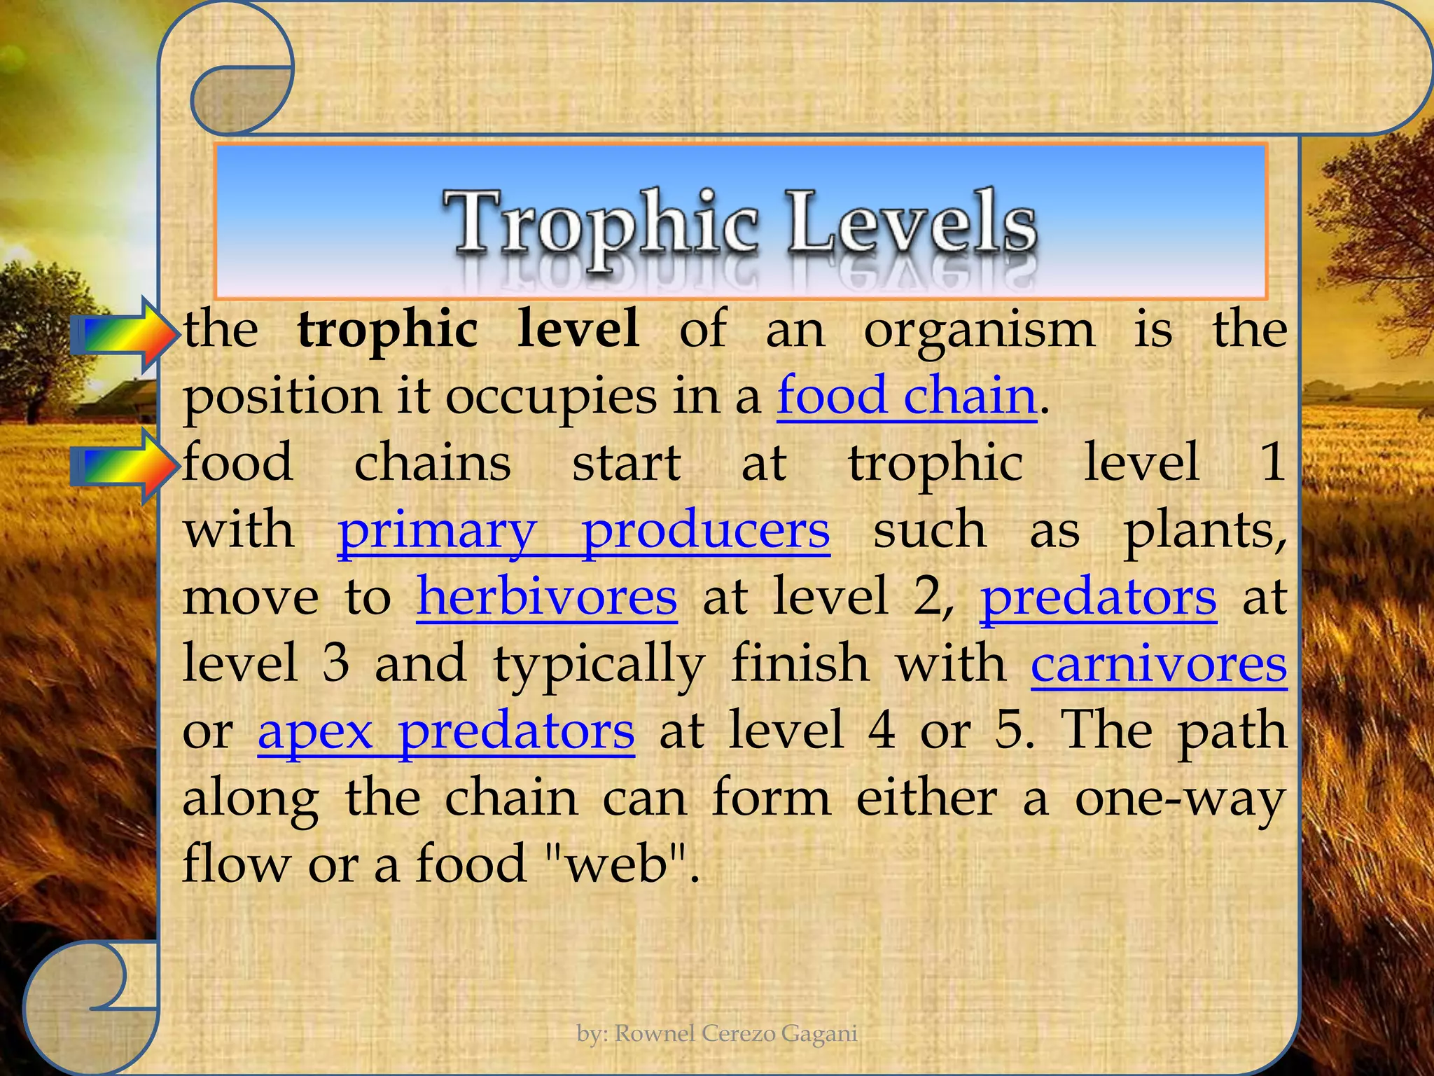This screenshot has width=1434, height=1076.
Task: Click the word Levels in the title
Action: point(910,223)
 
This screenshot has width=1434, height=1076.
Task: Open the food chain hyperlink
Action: point(906,396)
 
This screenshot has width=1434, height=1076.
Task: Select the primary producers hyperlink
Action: point(583,531)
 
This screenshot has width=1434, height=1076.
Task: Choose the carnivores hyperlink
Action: point(1159,664)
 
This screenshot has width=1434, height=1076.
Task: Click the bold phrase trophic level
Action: point(468,329)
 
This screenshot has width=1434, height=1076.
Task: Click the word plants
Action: point(1204,531)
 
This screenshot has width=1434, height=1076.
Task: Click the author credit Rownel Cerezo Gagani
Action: point(717,1033)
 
